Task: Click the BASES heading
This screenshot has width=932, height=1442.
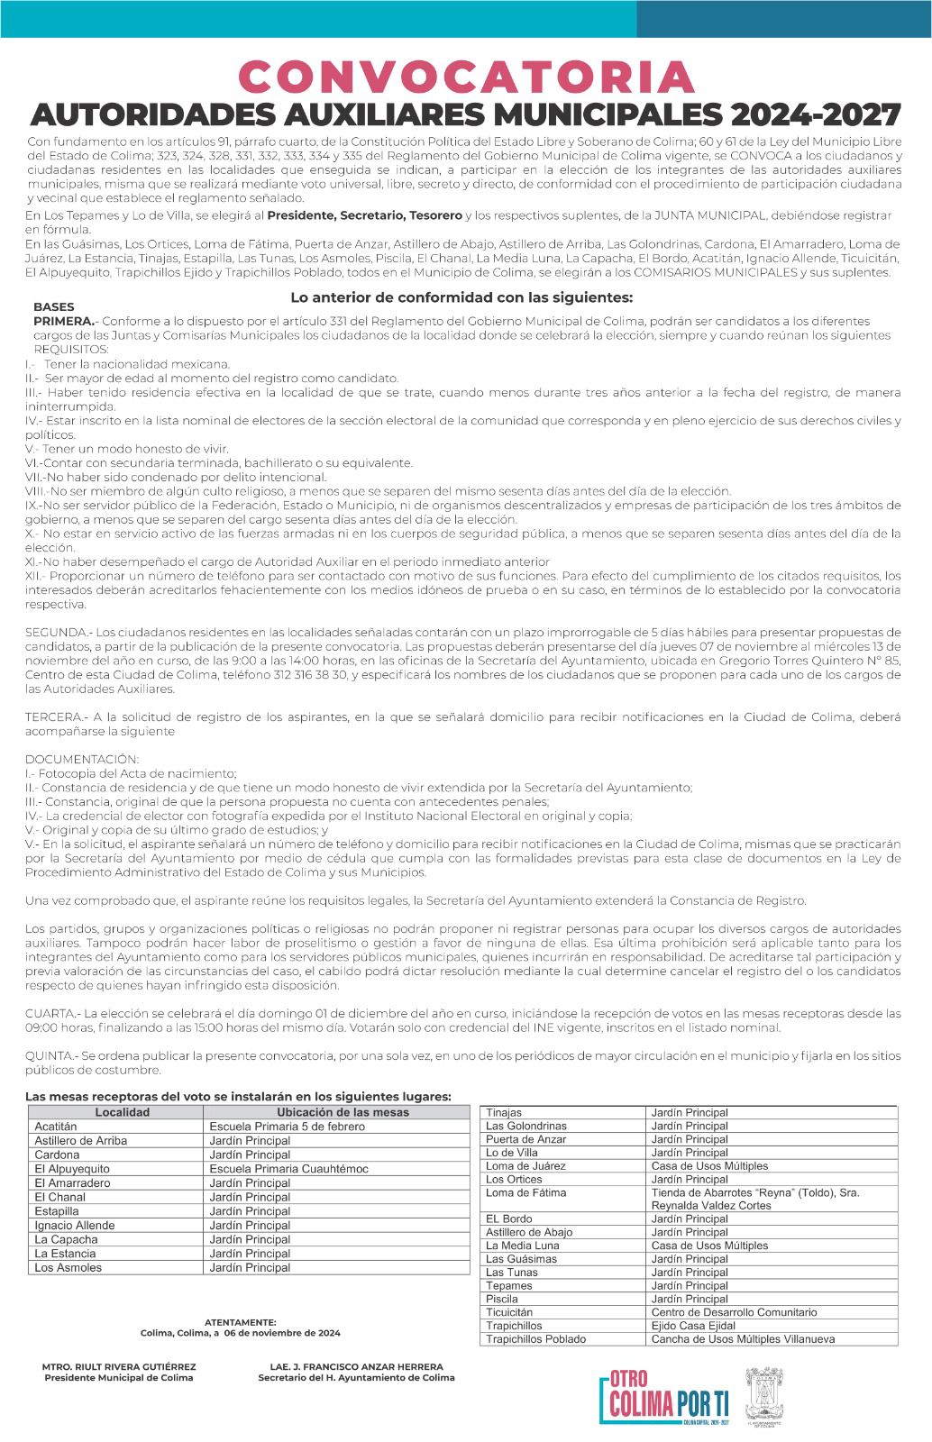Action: coord(54,306)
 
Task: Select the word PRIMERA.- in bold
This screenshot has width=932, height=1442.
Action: coord(64,321)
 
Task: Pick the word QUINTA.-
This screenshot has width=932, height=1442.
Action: coord(52,1055)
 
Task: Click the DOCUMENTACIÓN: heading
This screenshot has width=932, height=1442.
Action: coord(82,759)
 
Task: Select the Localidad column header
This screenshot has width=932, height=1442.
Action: coord(122,1112)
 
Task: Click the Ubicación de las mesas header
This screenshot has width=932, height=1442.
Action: coord(343,1112)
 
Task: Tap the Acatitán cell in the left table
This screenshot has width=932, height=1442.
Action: coord(56,1127)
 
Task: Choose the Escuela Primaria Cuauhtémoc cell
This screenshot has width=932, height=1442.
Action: coord(288,1169)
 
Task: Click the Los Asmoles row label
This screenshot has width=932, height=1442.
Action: coord(69,1268)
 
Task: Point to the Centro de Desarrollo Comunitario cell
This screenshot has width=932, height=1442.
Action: coord(734,1312)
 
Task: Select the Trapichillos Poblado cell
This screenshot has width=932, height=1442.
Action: coord(535,1339)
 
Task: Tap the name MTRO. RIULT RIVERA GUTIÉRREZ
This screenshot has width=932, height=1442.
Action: coord(119,1366)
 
